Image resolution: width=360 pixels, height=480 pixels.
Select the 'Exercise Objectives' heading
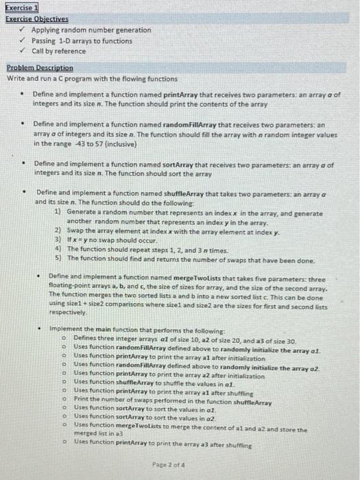[36, 19]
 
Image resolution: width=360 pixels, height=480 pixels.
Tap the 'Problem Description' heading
[40, 68]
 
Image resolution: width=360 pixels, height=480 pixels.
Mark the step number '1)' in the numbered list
[58, 213]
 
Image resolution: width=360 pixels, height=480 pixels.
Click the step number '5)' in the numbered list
[58, 261]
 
